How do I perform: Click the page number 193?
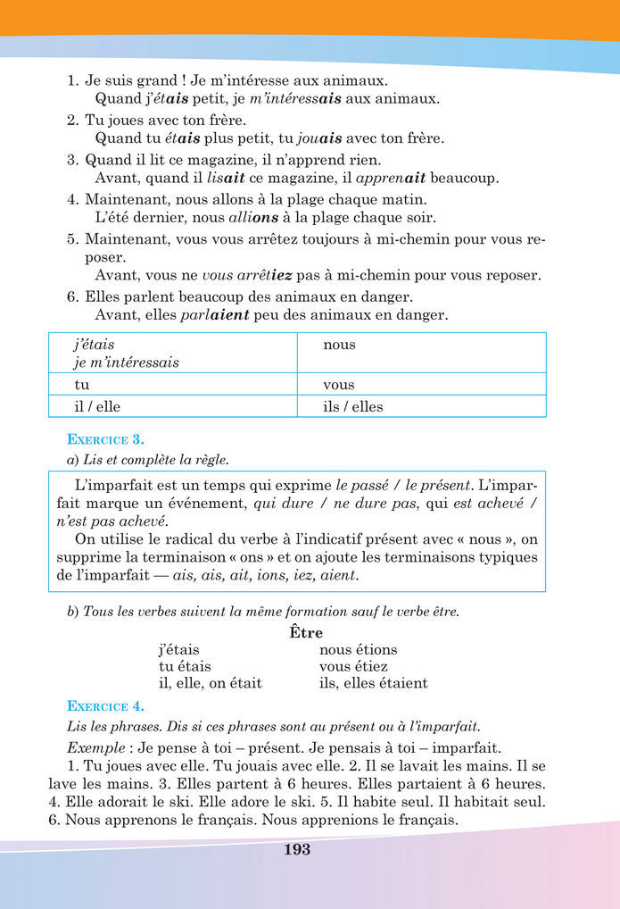(x=297, y=850)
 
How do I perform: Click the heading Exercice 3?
(x=106, y=438)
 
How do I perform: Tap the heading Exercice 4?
(x=106, y=704)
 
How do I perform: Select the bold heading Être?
(x=306, y=632)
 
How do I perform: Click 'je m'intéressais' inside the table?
(x=126, y=363)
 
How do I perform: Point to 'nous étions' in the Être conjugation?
(x=358, y=650)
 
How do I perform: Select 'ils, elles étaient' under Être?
(x=373, y=683)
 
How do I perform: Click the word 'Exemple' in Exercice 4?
(x=94, y=747)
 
